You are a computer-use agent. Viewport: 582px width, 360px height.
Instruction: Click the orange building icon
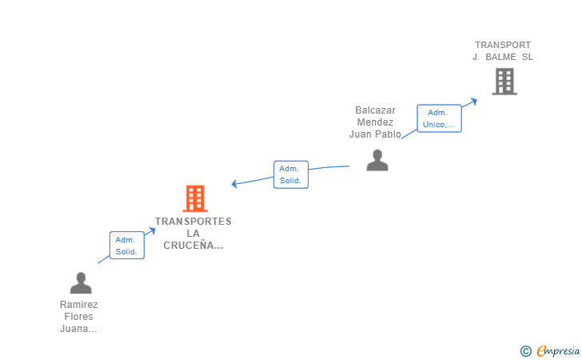195,198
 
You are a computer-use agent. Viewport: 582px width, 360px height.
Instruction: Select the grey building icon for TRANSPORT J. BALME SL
504,82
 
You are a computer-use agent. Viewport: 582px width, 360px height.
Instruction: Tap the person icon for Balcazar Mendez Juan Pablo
377,160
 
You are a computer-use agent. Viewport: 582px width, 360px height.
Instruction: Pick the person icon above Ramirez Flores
81,282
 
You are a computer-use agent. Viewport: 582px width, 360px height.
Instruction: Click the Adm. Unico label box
439,118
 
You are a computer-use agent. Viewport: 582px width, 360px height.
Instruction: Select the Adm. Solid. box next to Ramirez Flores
127,246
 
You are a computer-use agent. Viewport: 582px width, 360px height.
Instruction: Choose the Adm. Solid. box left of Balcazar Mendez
291,174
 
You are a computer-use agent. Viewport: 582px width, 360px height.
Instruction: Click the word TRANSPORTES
193,222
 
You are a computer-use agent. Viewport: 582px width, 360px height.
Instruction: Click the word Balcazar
375,110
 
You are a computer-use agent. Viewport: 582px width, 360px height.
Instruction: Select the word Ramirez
78,305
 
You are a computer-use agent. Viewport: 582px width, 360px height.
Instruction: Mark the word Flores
78,317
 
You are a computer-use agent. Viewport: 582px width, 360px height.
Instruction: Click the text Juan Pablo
375,134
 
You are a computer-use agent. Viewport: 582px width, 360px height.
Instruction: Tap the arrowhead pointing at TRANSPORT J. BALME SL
473,101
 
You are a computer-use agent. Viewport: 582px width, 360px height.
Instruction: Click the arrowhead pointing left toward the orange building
234,183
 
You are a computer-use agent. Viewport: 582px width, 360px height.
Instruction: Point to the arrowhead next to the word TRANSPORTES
152,231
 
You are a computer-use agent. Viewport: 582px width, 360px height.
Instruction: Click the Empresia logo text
558,350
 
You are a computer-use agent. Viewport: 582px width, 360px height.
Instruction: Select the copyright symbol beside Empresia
525,351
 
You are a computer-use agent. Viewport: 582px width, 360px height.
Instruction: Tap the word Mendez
375,122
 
